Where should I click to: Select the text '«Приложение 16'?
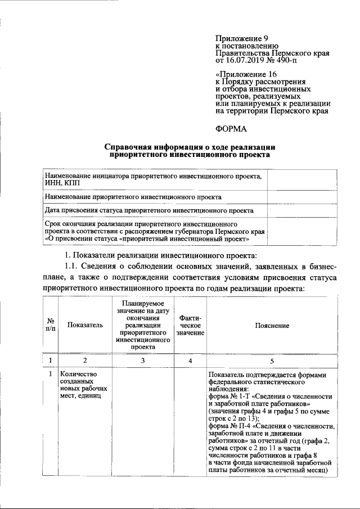tap(246, 74)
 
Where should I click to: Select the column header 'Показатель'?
tap(85, 326)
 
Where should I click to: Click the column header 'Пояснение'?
tap(272, 326)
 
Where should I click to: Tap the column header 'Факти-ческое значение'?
tap(190, 326)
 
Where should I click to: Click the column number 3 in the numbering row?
tap(143, 360)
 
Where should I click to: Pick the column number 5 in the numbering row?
tap(272, 360)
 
